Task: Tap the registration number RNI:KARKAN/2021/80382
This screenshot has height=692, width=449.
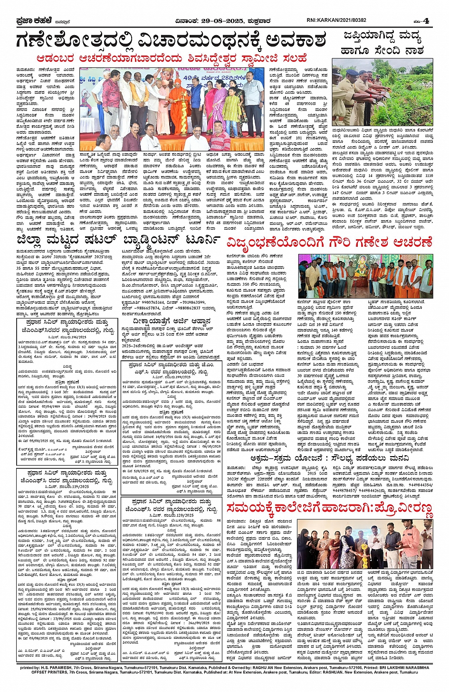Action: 336,20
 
